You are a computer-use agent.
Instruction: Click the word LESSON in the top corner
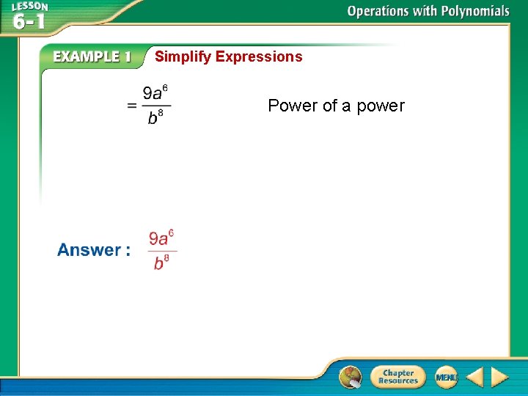tap(29, 7)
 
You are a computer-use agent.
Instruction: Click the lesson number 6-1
tap(29, 22)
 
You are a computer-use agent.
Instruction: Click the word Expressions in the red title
tap(259, 56)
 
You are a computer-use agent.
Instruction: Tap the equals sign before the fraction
tap(132, 106)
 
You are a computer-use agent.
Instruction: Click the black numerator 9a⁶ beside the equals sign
tap(155, 94)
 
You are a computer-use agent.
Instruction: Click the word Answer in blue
tap(89, 250)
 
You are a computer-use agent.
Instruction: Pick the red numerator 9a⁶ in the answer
tap(161, 238)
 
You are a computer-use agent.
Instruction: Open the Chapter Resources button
tap(397, 377)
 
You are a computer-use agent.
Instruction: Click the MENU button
tap(446, 377)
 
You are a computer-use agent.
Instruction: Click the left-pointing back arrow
tap(475, 378)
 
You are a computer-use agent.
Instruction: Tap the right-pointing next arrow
tap(499, 378)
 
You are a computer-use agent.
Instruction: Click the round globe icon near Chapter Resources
tap(351, 377)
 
